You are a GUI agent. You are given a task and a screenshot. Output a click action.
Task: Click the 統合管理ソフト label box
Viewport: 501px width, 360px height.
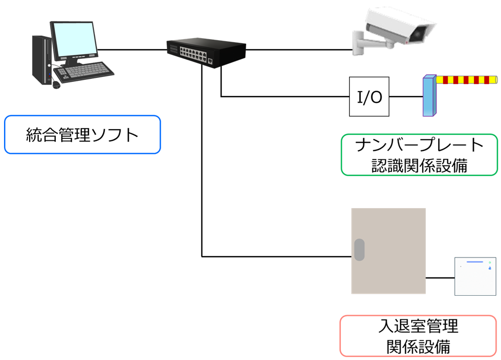(x=82, y=135)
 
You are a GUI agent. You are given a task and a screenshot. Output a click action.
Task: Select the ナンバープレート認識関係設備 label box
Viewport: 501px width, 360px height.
(x=419, y=155)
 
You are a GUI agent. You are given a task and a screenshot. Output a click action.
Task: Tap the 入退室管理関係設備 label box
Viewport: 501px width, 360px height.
(x=419, y=335)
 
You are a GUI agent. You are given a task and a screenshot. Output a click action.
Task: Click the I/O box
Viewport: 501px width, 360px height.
(x=369, y=97)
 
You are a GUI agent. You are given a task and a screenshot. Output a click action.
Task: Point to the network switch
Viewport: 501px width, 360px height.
(x=206, y=51)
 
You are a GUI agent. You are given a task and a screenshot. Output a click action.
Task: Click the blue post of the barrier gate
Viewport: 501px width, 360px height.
(x=429, y=97)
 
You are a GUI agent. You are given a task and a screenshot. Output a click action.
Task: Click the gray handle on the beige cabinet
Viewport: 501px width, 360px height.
(x=359, y=250)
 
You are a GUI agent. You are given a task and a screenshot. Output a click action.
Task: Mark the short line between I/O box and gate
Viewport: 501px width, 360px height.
(x=406, y=97)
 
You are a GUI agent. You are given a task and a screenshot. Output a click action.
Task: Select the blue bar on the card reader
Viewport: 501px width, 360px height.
(x=474, y=262)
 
